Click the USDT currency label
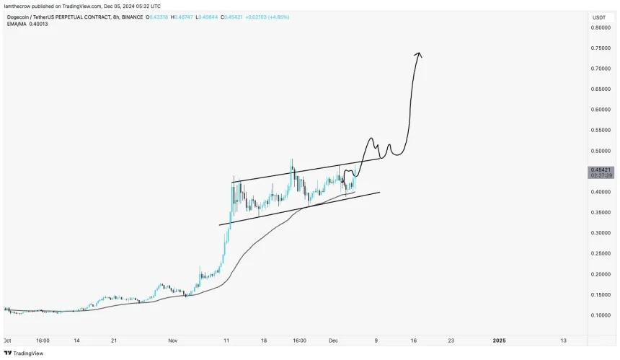coord(599,17)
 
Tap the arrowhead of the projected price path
coord(418,54)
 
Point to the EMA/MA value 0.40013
coord(43,24)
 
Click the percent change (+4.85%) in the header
coord(276,17)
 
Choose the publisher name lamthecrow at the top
coord(19,6)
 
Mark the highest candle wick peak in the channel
coord(291,159)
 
